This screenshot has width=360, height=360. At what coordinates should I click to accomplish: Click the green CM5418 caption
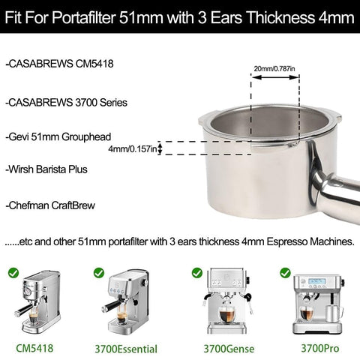tap(34, 347)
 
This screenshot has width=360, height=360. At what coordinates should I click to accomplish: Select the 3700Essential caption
tap(126, 348)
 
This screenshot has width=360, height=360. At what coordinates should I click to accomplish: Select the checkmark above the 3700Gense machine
tap(196, 272)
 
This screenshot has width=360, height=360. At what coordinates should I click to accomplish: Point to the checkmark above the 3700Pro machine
tap(285, 272)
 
